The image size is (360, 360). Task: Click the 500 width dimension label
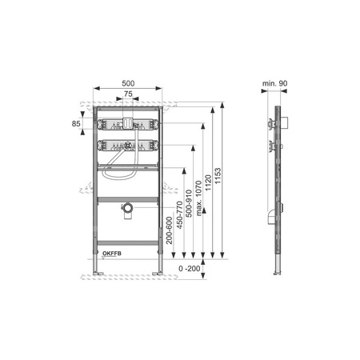(128, 83)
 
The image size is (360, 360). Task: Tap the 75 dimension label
(128, 94)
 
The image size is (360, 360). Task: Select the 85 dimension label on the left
(76, 123)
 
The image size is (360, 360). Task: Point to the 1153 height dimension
(218, 175)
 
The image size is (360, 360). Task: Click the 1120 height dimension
(208, 182)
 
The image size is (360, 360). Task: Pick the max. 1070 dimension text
(198, 198)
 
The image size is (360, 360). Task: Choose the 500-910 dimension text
(189, 203)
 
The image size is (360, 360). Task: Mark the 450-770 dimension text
(179, 215)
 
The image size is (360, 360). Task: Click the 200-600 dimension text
(170, 230)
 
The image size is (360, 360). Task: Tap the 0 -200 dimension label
(190, 269)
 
